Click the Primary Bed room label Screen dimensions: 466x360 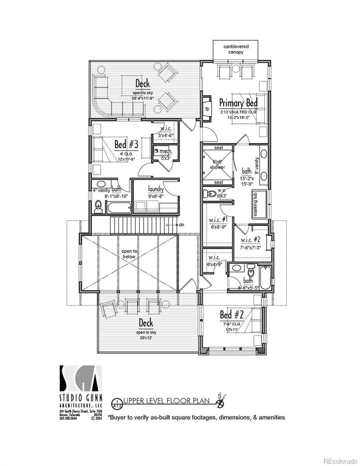pyautogui.click(x=238, y=103)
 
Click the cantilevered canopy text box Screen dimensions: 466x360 pyautogui.click(x=236, y=49)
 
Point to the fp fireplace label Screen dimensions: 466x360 pyautogui.click(x=207, y=109)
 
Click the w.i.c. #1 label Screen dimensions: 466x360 pyautogui.click(x=218, y=220)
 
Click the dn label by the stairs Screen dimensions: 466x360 pyautogui.click(x=181, y=224)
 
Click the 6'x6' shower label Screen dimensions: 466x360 pyautogui.click(x=219, y=164)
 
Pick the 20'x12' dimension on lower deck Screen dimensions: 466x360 pyautogui.click(x=146, y=338)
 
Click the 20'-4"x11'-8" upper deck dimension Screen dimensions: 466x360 pyautogui.click(x=143, y=98)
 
